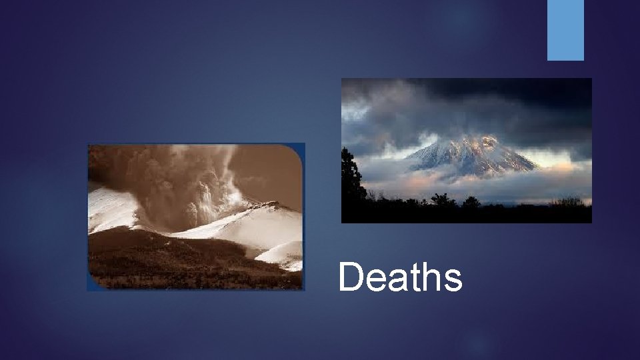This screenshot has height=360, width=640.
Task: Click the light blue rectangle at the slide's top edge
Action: point(565,30)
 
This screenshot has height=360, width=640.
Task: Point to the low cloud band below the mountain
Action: point(467,181)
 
